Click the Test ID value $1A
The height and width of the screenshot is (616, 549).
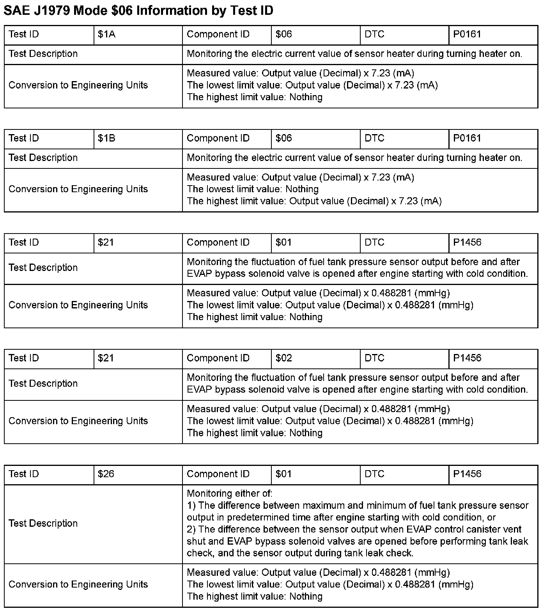[x=106, y=34]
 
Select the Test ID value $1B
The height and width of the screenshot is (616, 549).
[x=106, y=138]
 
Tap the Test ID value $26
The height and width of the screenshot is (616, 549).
[x=106, y=474]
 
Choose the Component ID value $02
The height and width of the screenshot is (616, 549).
[x=283, y=358]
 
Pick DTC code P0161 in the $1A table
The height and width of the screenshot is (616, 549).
[x=467, y=34]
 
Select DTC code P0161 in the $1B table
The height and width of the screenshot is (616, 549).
[x=467, y=138]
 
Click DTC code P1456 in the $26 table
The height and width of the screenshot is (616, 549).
[x=467, y=474]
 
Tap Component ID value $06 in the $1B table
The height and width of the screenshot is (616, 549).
[x=283, y=138]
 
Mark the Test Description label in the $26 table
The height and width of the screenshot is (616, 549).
[x=43, y=524]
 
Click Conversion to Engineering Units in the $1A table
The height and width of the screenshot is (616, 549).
[x=78, y=85]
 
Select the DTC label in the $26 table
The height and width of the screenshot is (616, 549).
[x=374, y=474]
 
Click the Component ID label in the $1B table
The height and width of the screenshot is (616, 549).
[x=218, y=138]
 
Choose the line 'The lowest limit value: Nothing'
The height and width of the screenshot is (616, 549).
[x=253, y=189]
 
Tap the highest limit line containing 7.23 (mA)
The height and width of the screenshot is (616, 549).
[x=314, y=201]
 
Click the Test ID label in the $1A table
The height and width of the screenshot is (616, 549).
[x=24, y=34]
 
